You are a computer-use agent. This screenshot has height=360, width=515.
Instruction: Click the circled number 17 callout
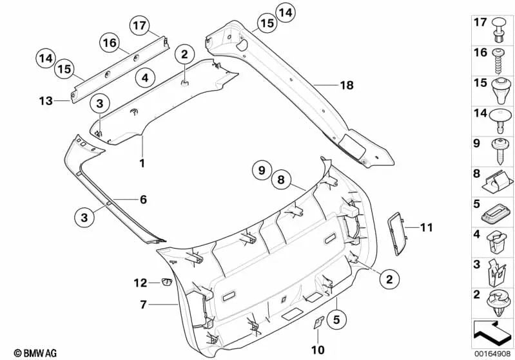tap(140, 25)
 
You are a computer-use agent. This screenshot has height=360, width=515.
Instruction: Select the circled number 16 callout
tap(110, 43)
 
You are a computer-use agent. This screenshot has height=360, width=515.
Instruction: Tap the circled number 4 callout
tap(145, 78)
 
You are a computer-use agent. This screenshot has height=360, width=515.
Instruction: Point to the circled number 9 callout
tap(262, 170)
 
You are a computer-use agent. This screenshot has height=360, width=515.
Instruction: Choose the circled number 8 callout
tap(281, 180)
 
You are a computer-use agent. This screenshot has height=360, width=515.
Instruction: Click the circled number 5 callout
tap(336, 319)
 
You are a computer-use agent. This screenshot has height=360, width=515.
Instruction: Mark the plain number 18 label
tap(347, 85)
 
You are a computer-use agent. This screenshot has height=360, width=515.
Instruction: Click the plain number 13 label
tap(46, 100)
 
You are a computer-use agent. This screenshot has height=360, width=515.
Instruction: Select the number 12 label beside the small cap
tap(141, 283)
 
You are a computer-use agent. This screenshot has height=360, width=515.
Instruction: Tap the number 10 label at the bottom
tap(318, 350)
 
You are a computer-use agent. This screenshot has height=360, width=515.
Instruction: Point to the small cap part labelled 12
tap(166, 282)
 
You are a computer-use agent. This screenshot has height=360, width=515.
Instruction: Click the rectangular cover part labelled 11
tap(397, 233)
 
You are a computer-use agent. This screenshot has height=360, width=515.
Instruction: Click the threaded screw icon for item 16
tap(498, 61)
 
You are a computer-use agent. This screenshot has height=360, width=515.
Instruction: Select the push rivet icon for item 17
tap(499, 30)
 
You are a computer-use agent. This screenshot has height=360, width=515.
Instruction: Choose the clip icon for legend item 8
tap(497, 183)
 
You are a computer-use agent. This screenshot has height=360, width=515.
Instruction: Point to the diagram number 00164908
tap(492, 354)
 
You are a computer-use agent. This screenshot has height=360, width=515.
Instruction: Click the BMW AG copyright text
tap(35, 353)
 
